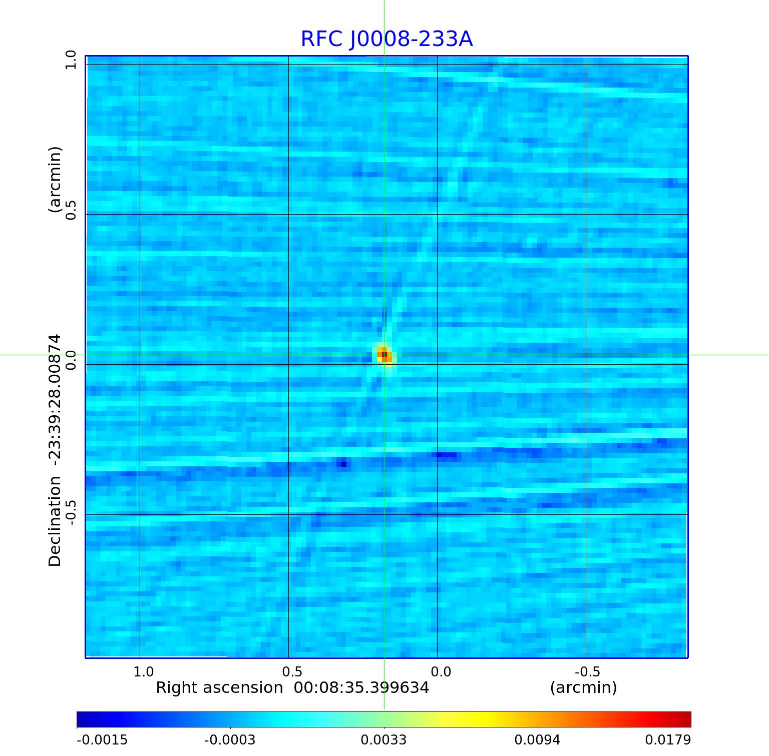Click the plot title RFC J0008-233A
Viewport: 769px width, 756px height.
pyautogui.click(x=387, y=39)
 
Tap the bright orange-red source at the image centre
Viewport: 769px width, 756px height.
pyautogui.click(x=384, y=355)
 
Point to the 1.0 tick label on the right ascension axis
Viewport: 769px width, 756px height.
pyautogui.click(x=144, y=671)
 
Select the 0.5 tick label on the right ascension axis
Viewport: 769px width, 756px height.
pyautogui.click(x=292, y=671)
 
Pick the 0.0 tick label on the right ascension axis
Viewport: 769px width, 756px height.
pyautogui.click(x=441, y=671)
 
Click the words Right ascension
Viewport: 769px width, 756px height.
pyautogui.click(x=219, y=688)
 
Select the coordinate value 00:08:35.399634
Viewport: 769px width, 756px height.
pyautogui.click(x=361, y=688)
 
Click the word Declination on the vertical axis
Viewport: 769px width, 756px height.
pyautogui.click(x=55, y=521)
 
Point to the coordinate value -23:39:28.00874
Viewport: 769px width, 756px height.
pyautogui.click(x=55, y=400)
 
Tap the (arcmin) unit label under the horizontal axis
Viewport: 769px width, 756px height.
pyautogui.click(x=583, y=688)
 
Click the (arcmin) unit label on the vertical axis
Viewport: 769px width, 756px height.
pyautogui.click(x=55, y=180)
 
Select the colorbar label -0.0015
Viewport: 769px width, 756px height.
pyautogui.click(x=102, y=740)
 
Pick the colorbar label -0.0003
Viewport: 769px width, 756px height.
pyautogui.click(x=230, y=740)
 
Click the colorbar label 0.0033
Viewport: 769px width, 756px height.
pyautogui.click(x=383, y=740)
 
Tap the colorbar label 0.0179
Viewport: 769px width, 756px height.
pyautogui.click(x=668, y=740)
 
